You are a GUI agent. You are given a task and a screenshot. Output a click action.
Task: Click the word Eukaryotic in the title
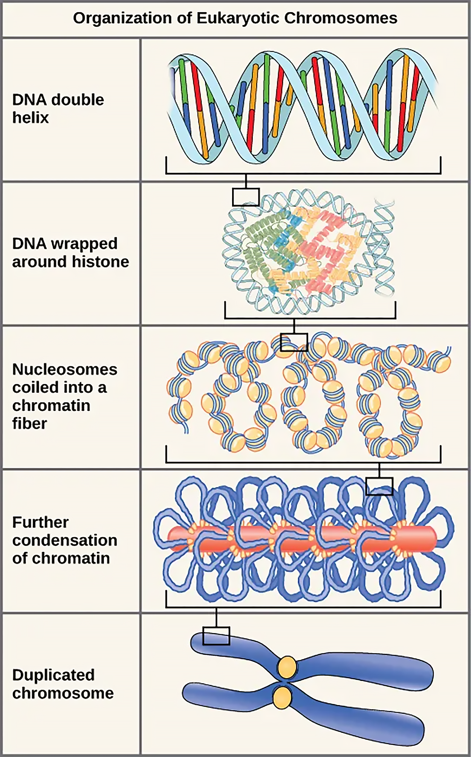tap(238, 18)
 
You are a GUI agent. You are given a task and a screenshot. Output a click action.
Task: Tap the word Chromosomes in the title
tap(341, 18)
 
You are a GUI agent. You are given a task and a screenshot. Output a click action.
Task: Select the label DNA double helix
tap(58, 108)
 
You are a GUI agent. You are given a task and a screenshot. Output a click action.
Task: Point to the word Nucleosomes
tap(65, 369)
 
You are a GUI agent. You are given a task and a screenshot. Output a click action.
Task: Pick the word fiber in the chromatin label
tap(29, 423)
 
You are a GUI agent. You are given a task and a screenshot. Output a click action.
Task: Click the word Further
tap(40, 522)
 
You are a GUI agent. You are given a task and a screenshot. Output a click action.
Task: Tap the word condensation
tap(65, 540)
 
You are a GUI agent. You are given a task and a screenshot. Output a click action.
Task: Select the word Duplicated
tap(53, 675)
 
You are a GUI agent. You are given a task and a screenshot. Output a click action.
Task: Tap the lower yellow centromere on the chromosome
tap(282, 697)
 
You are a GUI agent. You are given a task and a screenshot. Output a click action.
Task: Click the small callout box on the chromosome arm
tap(216, 636)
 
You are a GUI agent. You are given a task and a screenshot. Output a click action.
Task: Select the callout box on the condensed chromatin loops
tap(379, 486)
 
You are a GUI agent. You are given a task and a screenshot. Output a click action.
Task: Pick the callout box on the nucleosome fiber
tap(294, 342)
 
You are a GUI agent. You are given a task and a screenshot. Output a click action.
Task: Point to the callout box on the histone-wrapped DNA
tap(246, 197)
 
